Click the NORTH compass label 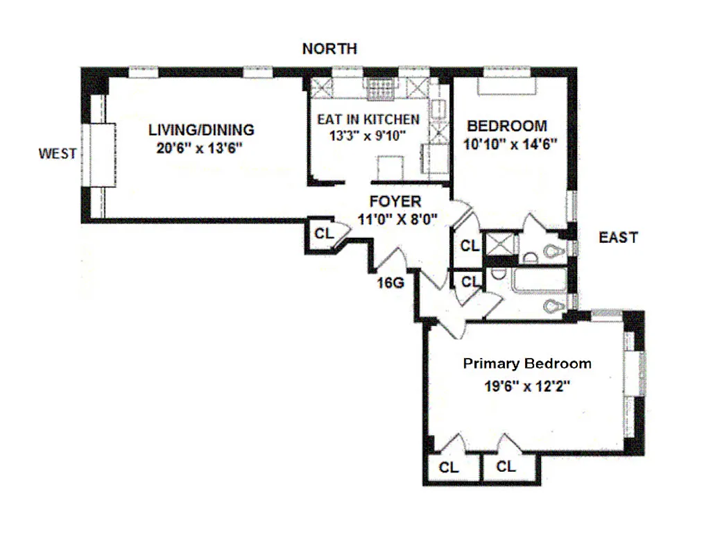pos(329,49)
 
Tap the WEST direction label pos(58,154)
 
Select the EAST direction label pos(618,238)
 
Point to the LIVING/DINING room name pos(201,129)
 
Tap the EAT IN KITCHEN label pos(368,119)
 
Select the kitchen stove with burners pos(379,87)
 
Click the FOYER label pos(395,201)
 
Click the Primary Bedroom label pos(527,364)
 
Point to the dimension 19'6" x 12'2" pos(527,387)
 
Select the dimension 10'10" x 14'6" pos(506,146)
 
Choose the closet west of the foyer pos(323,234)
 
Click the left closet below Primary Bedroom pos(449,468)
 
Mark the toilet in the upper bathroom pos(553,251)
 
